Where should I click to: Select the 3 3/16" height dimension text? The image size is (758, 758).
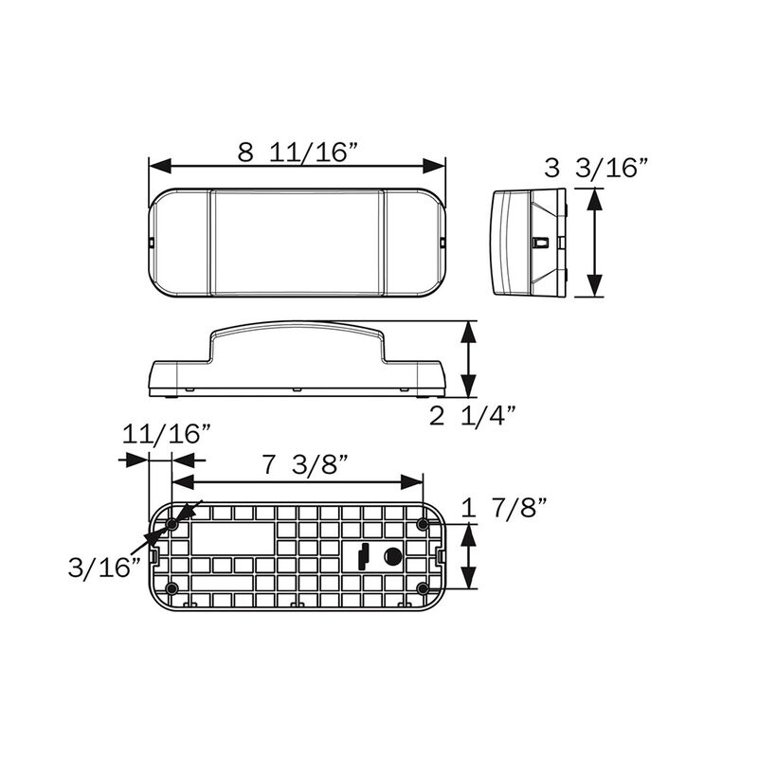596,169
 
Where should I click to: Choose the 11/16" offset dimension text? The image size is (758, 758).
166,434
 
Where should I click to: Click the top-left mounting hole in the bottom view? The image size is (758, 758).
172,524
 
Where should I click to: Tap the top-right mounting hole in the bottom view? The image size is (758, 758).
423,524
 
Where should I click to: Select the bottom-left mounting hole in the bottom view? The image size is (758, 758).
172,589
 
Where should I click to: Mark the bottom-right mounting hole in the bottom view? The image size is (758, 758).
423,589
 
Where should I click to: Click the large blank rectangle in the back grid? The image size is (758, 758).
231,541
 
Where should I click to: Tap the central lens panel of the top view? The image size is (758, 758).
297,242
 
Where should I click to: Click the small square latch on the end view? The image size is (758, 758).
540,243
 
